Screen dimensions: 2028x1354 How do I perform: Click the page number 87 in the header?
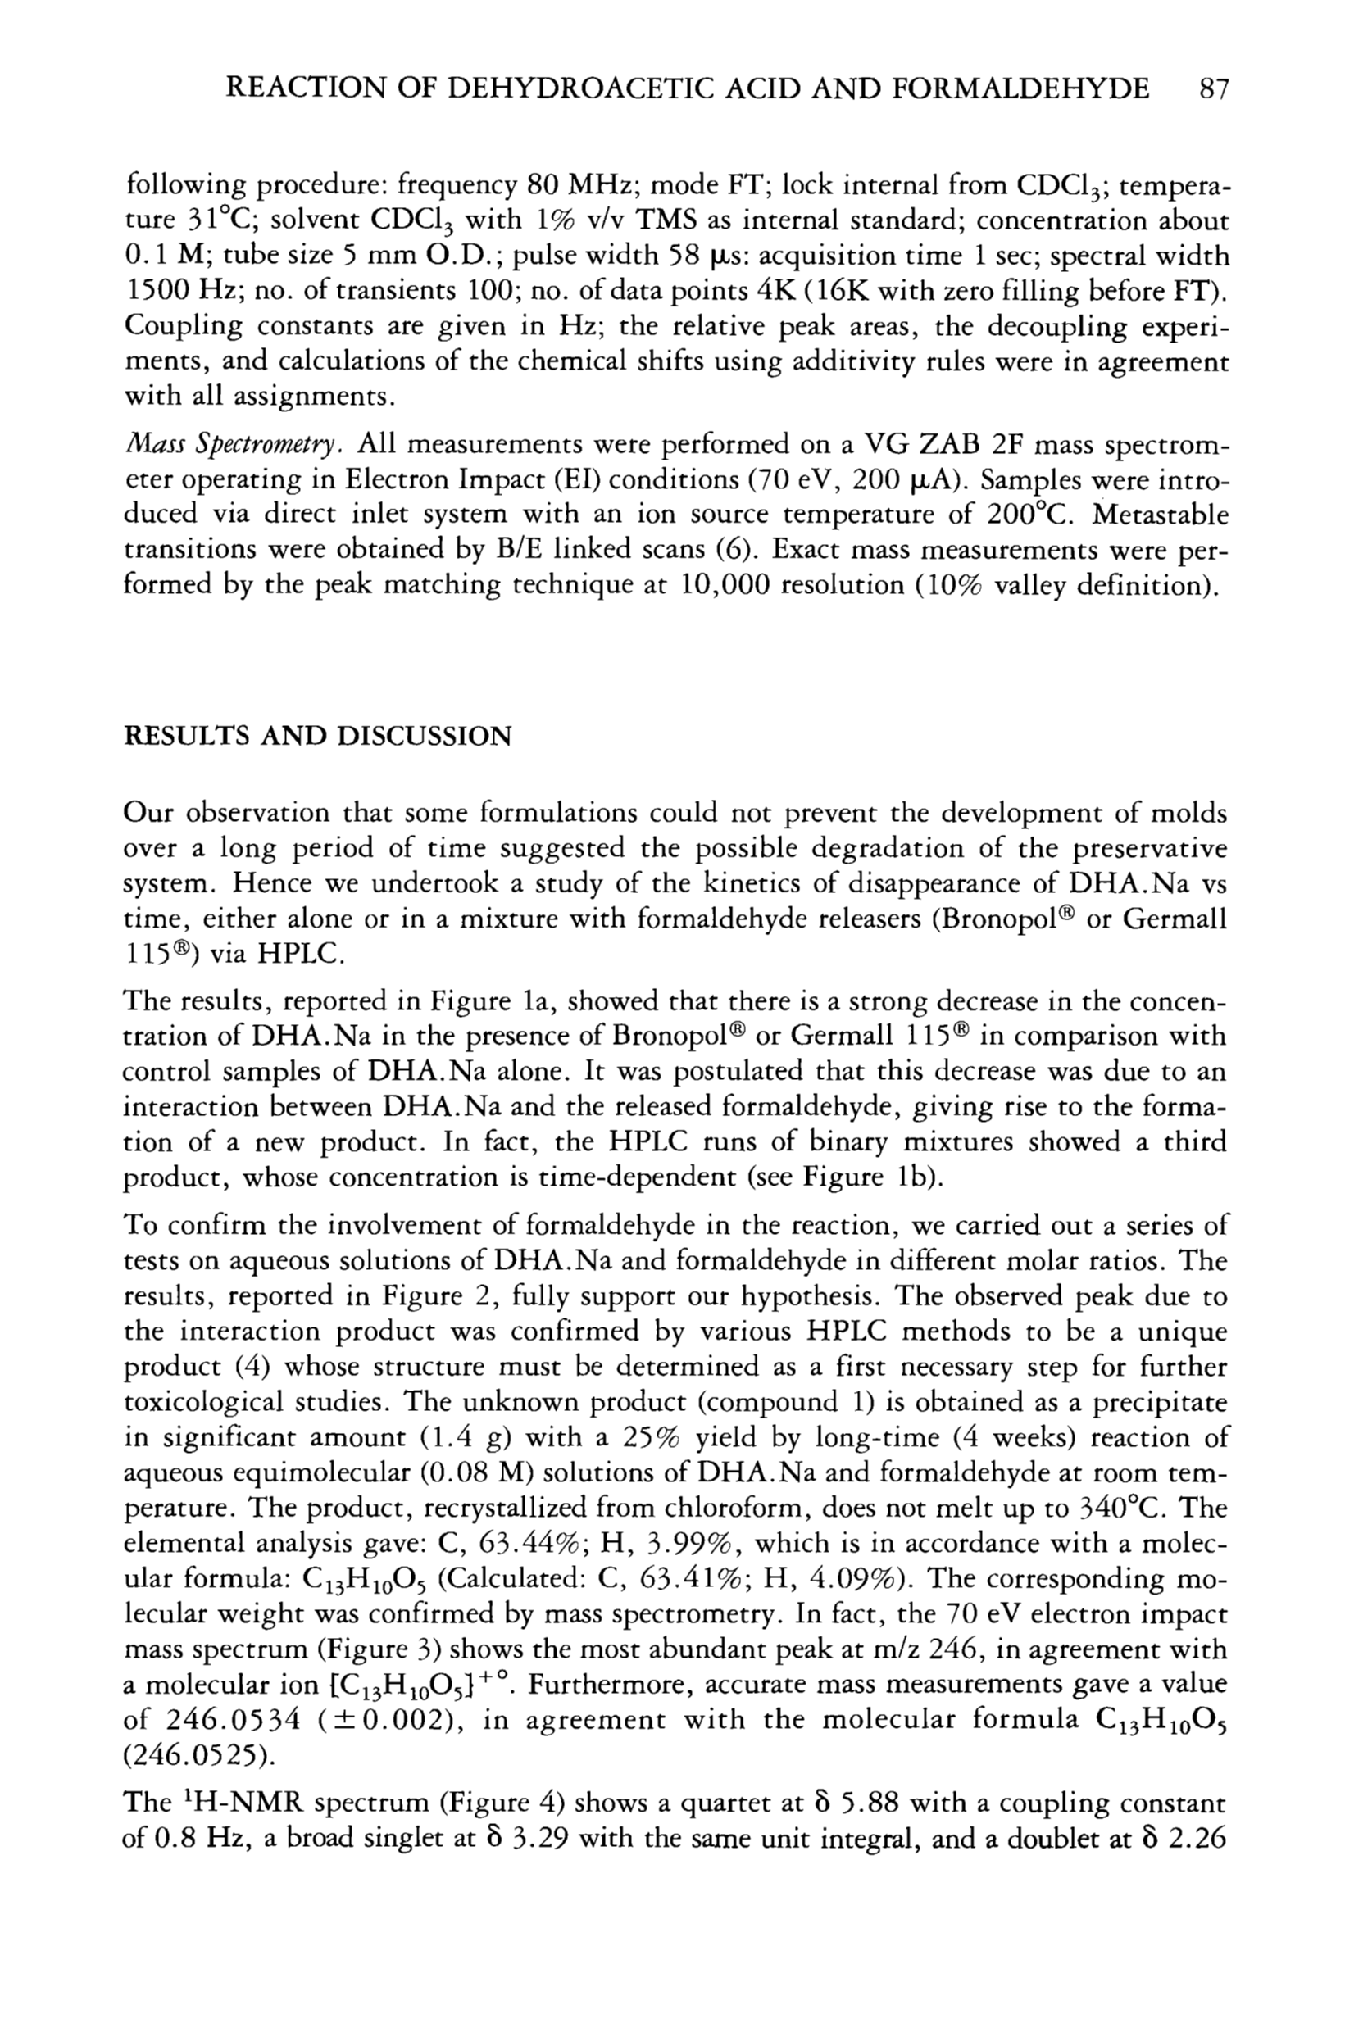point(1208,89)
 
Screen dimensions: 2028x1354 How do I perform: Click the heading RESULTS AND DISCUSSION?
point(318,737)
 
